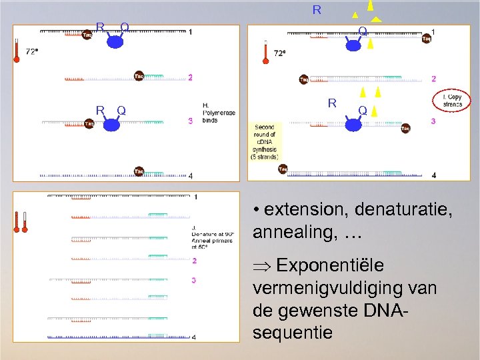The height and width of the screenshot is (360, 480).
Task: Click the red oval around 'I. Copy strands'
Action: pyautogui.click(x=452, y=101)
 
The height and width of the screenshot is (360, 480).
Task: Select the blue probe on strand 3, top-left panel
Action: pyautogui.click(x=112, y=124)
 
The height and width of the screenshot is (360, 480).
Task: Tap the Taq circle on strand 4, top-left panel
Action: pyautogui.click(x=139, y=171)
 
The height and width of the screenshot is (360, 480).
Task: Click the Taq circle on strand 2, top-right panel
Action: pyautogui.click(x=304, y=80)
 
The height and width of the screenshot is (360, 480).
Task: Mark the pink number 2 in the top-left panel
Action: pyautogui.click(x=190, y=77)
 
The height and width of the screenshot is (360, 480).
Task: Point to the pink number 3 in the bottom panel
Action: pyautogui.click(x=193, y=280)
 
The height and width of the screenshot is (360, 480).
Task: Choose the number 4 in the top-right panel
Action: pyautogui.click(x=434, y=175)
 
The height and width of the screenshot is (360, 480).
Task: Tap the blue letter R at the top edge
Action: pyautogui.click(x=317, y=10)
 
